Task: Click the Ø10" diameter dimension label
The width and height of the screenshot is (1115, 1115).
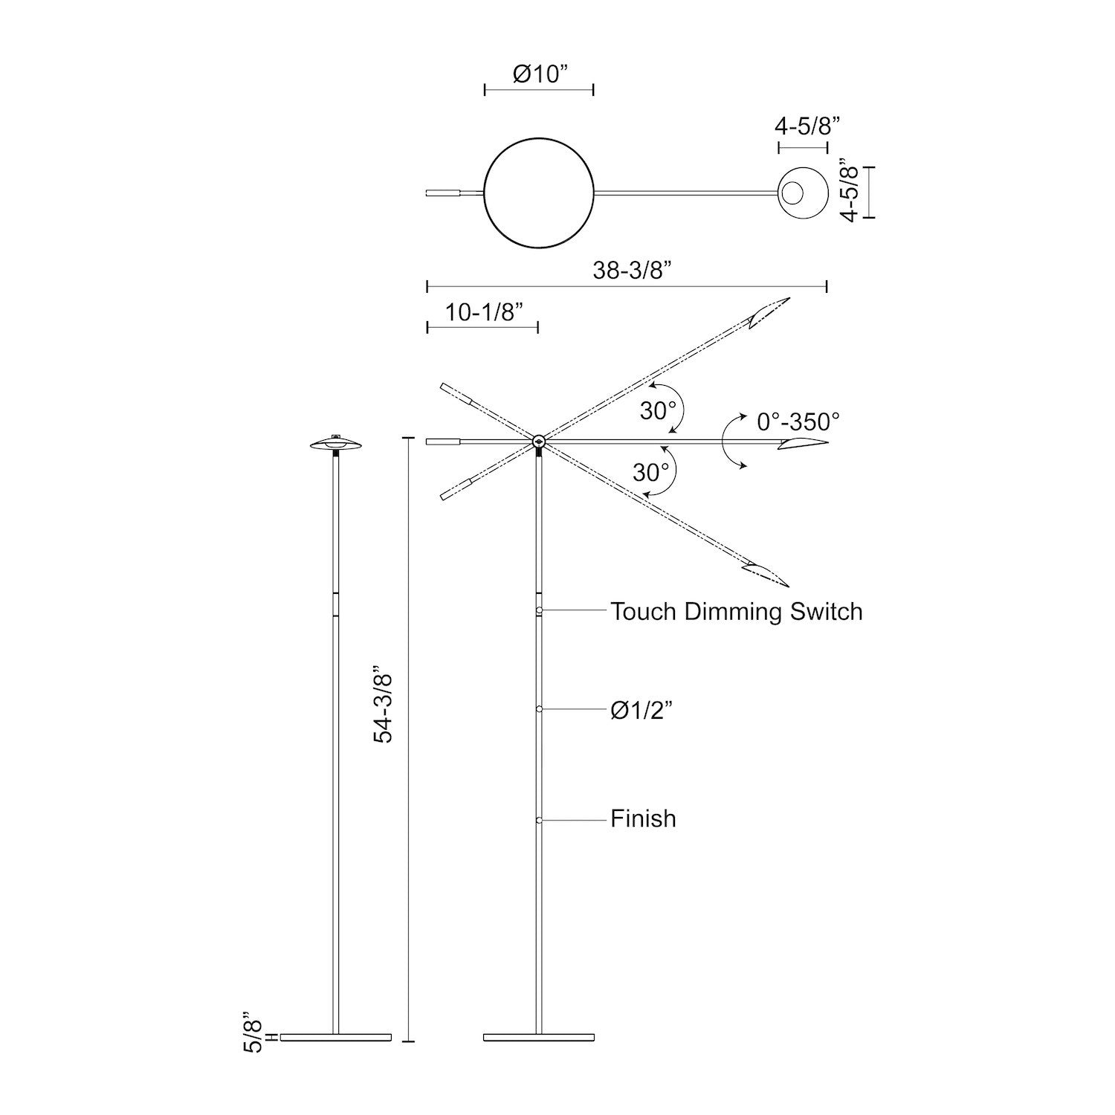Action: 540,74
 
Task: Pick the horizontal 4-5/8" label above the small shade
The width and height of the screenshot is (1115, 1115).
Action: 807,126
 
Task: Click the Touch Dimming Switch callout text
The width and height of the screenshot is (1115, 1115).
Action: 736,612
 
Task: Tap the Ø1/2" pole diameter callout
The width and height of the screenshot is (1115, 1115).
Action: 641,711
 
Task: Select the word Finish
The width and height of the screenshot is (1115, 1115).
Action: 643,818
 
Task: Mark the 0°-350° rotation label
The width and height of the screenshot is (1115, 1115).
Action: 798,422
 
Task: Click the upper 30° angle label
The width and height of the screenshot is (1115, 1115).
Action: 658,410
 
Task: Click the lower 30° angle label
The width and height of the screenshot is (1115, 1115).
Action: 651,471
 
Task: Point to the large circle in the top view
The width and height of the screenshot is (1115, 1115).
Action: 538,193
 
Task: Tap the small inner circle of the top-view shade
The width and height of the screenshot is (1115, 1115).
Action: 793,193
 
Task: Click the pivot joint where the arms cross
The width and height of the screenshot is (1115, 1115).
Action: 539,442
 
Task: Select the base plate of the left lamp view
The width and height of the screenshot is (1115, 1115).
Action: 336,1037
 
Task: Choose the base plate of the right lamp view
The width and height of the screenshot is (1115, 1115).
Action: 539,1037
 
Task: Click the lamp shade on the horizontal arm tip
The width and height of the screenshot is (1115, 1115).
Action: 803,444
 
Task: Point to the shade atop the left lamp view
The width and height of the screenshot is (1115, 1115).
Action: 336,444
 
